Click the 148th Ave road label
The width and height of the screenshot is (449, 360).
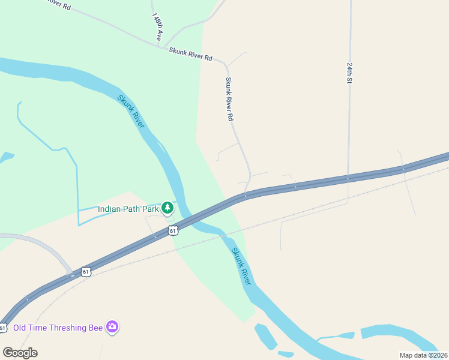click(157, 27)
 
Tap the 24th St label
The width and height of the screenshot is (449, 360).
click(349, 71)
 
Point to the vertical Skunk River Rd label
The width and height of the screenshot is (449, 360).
click(229, 99)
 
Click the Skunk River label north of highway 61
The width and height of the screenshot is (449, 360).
click(131, 111)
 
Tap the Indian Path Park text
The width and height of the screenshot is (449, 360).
click(128, 209)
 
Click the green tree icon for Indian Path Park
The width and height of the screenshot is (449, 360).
click(167, 208)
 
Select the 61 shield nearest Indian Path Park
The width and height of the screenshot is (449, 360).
click(173, 230)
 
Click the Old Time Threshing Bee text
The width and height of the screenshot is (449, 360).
click(58, 327)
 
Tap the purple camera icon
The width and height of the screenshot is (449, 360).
click(112, 327)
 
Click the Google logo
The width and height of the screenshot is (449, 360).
click(20, 352)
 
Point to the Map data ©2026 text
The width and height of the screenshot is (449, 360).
click(423, 355)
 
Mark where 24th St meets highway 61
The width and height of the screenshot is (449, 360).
click(348, 178)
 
